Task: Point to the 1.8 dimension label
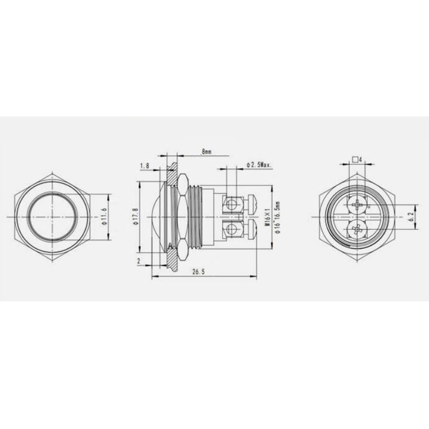[x=145, y=166]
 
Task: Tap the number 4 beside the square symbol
[x=361, y=160]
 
